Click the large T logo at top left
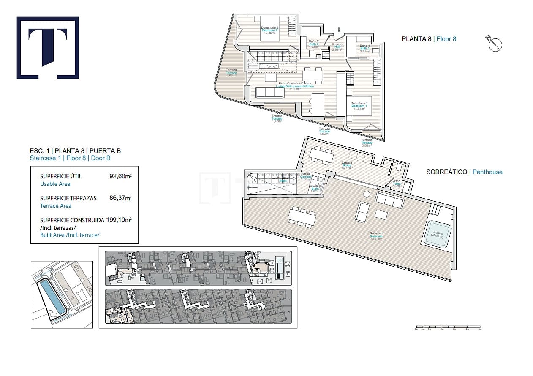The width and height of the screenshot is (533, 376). pos(48,48)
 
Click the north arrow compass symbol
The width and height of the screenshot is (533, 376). pos(495,44)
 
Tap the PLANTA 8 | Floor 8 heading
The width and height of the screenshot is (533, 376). pos(429,39)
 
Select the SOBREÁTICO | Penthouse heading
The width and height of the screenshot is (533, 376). pos(464,172)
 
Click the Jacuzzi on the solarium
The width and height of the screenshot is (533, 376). pos(437,234)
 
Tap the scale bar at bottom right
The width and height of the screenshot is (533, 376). pos(449,327)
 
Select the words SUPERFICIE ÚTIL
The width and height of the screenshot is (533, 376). pos(61,176)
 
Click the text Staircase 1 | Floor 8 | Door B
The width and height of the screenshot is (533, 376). pos(70,158)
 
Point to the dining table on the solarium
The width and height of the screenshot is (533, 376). pos(302,217)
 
